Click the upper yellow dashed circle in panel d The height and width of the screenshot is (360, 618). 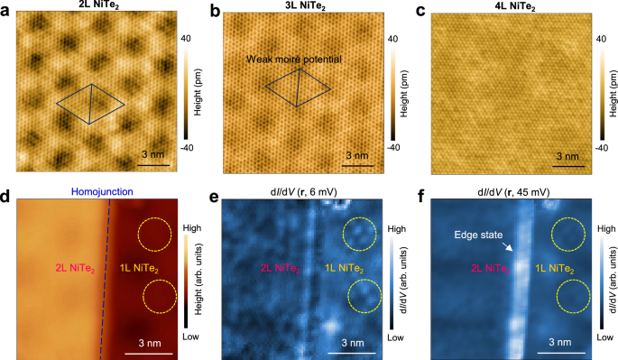pyautogui.click(x=154, y=235)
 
